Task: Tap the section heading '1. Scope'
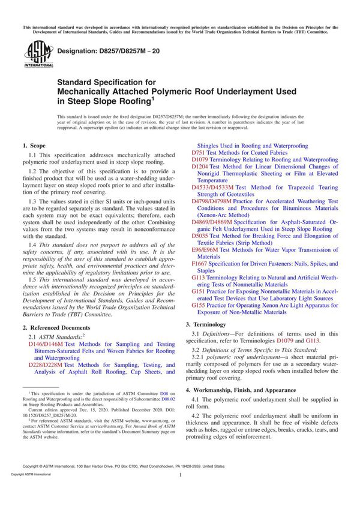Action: click(34, 146)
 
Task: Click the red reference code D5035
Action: click(199, 236)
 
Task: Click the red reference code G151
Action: click(199, 291)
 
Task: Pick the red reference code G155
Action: click(199, 305)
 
